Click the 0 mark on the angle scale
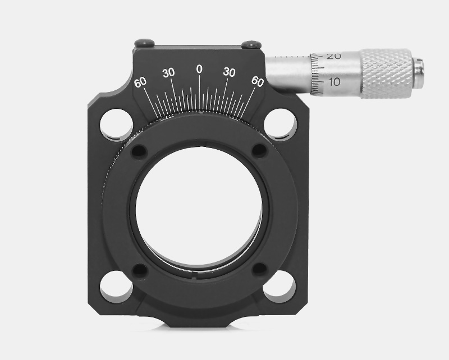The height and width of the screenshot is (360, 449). coord(199,69)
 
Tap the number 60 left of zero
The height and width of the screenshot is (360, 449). coord(140,82)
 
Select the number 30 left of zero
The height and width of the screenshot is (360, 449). coord(168,72)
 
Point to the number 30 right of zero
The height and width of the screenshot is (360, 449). coord(230,72)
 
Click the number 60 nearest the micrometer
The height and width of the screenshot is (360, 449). coord(258,81)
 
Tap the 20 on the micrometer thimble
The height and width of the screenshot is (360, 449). coord(333,57)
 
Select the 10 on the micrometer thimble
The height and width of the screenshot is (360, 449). coord(334,82)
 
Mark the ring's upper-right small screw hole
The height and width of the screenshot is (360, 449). coord(259,150)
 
